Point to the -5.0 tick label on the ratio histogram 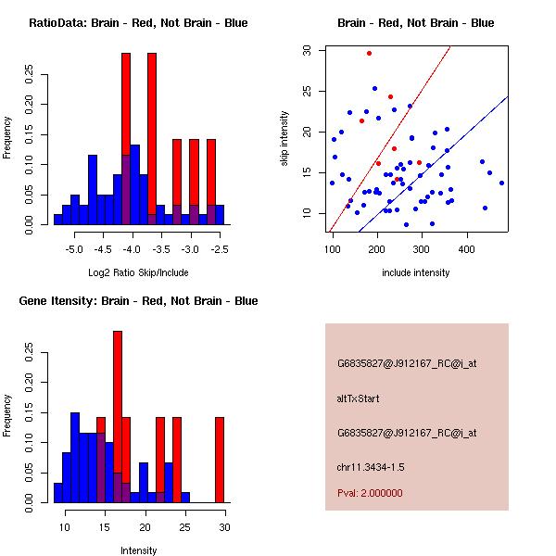[x=74, y=249]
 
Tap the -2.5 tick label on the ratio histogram [x=220, y=249]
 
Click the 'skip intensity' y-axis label [x=284, y=139]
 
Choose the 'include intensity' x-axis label [x=416, y=272]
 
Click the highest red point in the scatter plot [x=369, y=53]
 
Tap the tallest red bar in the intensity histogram [x=118, y=417]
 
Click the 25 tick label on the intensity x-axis [x=184, y=526]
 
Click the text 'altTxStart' [x=360, y=398]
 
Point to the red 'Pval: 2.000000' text [x=370, y=493]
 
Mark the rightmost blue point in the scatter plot [x=501, y=183]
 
